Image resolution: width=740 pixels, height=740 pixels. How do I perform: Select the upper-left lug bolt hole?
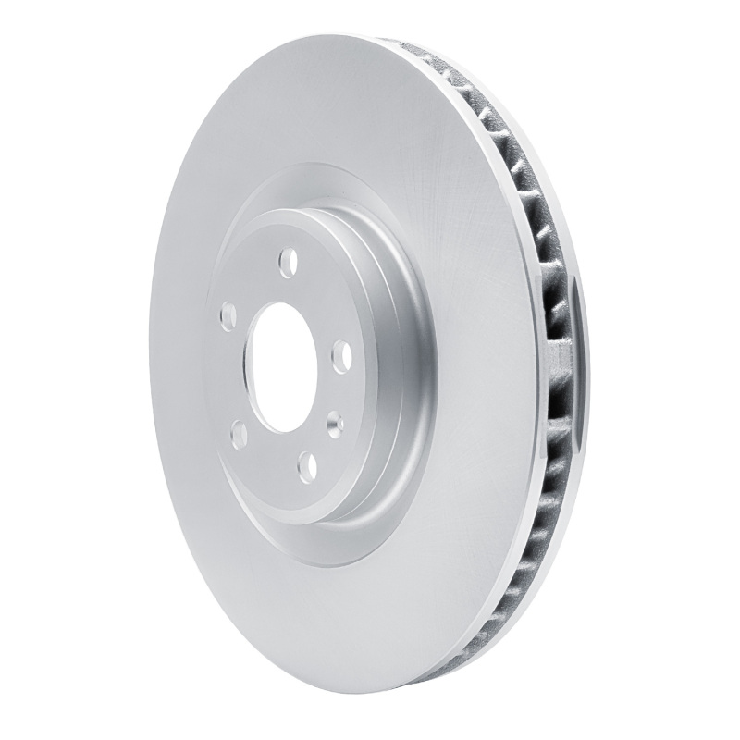click(225, 318)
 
